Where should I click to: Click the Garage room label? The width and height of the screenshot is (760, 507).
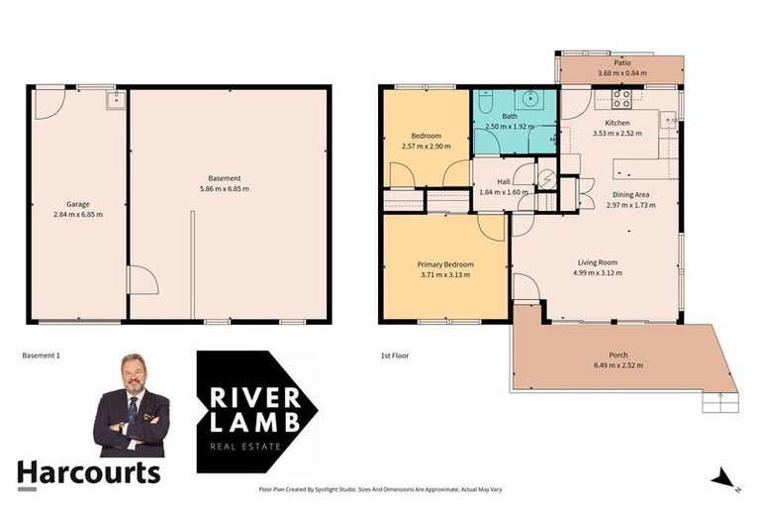click(x=77, y=204)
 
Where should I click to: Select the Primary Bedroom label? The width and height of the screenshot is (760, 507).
click(x=444, y=264)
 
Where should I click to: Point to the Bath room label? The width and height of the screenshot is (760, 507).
click(x=509, y=117)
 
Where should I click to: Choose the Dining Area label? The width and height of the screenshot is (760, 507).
click(x=630, y=195)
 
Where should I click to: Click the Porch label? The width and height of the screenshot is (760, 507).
click(x=618, y=355)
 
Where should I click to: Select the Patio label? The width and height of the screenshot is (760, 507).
click(x=621, y=62)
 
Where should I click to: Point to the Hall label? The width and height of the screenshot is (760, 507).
click(x=504, y=182)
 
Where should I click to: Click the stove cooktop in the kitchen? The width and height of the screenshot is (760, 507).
click(x=622, y=98)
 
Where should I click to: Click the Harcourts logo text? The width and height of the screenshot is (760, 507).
click(x=88, y=472)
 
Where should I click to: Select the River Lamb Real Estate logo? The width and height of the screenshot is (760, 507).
click(x=255, y=411)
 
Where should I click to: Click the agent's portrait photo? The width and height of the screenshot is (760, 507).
click(x=132, y=404)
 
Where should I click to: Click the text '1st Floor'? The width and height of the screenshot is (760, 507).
click(x=394, y=355)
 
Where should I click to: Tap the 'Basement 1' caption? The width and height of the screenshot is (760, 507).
click(x=41, y=355)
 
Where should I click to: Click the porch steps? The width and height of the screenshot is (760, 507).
click(x=720, y=402)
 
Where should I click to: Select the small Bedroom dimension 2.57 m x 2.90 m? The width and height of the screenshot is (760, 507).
click(x=426, y=146)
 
